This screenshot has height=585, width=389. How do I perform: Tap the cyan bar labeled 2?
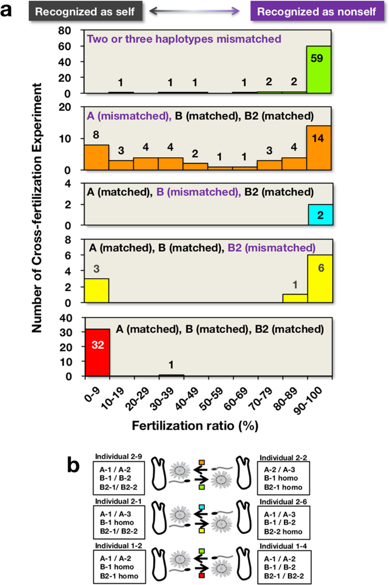click(320, 215)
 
